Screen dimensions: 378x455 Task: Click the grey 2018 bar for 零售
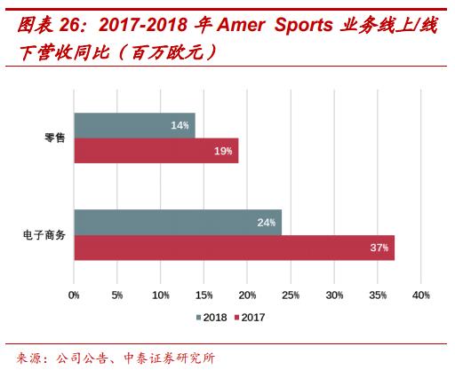[133, 126]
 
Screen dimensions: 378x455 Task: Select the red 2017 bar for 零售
[156, 151]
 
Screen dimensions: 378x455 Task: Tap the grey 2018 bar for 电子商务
[178, 223]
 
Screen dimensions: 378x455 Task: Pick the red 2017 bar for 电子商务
[233, 248]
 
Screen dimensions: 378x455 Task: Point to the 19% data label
[223, 152]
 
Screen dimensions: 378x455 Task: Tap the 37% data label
[379, 248]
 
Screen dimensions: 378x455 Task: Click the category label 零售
[55, 138]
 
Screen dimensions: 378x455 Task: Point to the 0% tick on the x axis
[74, 295]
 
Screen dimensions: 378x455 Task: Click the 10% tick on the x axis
[161, 295]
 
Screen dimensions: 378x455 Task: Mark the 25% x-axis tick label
[291, 295]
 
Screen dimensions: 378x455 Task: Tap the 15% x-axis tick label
[204, 295]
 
